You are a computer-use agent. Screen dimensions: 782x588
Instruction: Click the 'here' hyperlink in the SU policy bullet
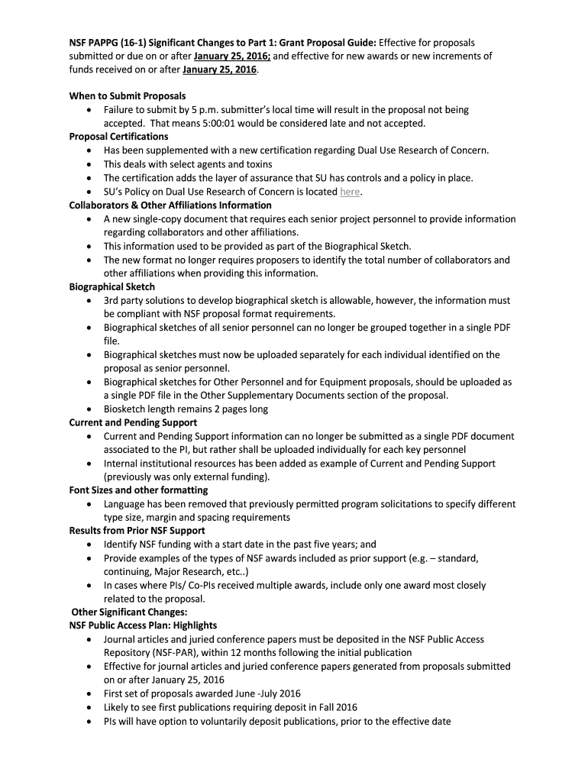point(350,192)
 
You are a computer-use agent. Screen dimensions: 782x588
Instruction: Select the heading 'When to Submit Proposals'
point(128,96)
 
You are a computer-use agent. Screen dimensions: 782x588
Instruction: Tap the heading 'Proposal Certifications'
point(118,137)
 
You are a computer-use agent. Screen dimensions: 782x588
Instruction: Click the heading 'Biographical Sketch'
point(112,286)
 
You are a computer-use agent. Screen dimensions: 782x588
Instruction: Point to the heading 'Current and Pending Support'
point(133,422)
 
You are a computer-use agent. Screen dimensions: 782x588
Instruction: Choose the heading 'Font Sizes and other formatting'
point(138,490)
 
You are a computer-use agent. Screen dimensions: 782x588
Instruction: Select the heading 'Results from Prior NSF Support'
point(137,531)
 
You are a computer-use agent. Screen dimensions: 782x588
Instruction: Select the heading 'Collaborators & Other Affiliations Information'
point(170,205)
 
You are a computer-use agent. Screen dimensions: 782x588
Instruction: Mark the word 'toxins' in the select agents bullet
point(257,164)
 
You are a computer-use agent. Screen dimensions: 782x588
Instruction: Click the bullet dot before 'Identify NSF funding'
point(90,545)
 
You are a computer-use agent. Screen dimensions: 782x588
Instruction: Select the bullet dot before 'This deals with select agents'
point(90,165)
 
